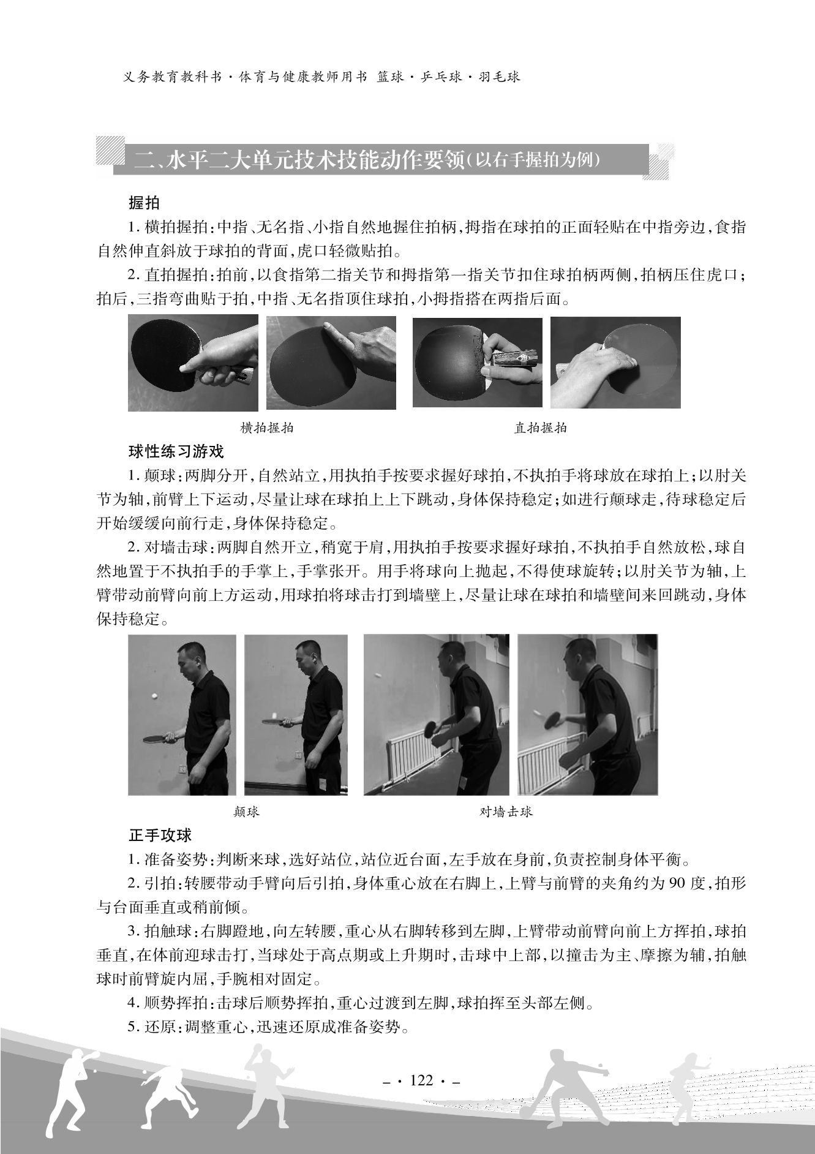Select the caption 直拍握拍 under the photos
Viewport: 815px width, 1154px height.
coord(540,428)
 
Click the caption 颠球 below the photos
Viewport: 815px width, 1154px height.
coord(247,812)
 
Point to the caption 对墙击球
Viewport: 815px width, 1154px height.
coord(506,812)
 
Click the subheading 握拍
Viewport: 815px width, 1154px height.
coord(144,202)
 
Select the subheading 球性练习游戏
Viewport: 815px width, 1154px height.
coord(176,452)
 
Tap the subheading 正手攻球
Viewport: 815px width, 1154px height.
coord(160,835)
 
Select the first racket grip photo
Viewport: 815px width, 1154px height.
coord(193,363)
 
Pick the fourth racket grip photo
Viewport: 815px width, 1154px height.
coord(615,362)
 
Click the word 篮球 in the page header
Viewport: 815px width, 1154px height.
coord(390,77)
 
